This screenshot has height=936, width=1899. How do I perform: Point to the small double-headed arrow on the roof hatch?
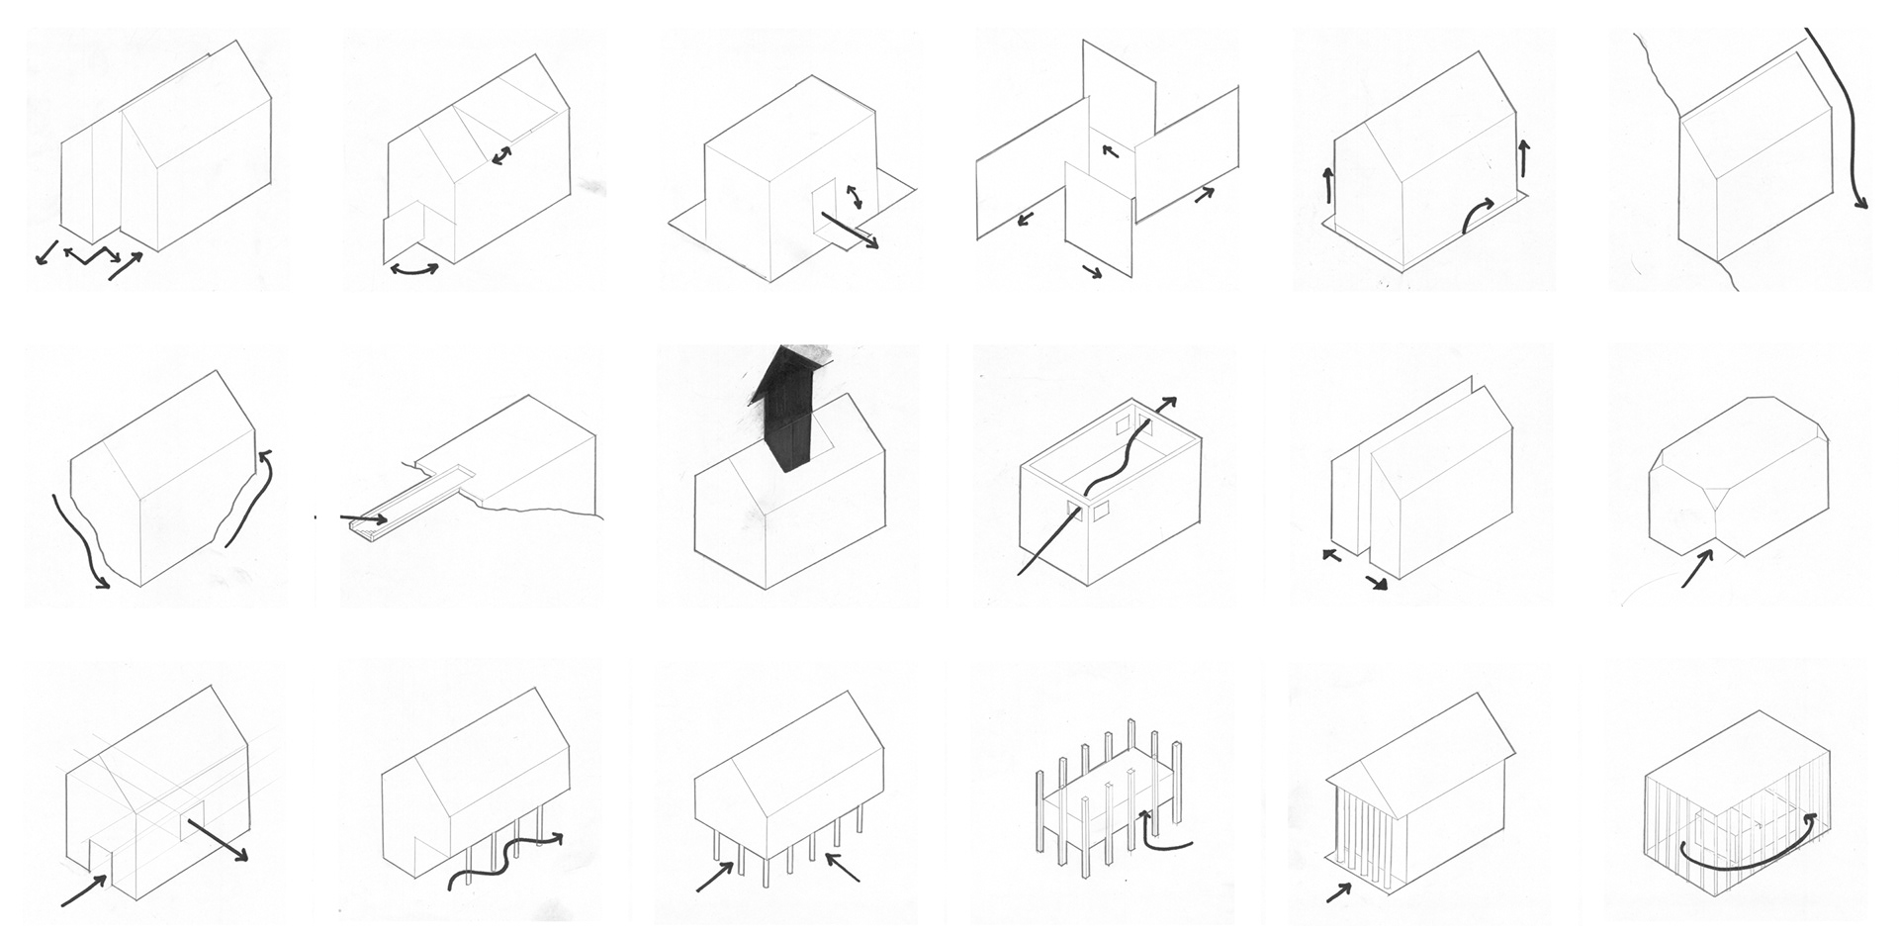pyautogui.click(x=502, y=155)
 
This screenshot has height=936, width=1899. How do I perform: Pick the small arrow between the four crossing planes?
pyautogui.click(x=1110, y=151)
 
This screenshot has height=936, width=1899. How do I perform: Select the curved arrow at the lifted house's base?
pyautogui.click(x=1478, y=212)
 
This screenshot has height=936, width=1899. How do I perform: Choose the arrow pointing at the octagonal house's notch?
pyautogui.click(x=1697, y=569)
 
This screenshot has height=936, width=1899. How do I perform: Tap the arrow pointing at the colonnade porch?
pyautogui.click(x=1338, y=892)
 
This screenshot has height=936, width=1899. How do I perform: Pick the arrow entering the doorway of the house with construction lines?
pyautogui.click(x=85, y=890)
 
